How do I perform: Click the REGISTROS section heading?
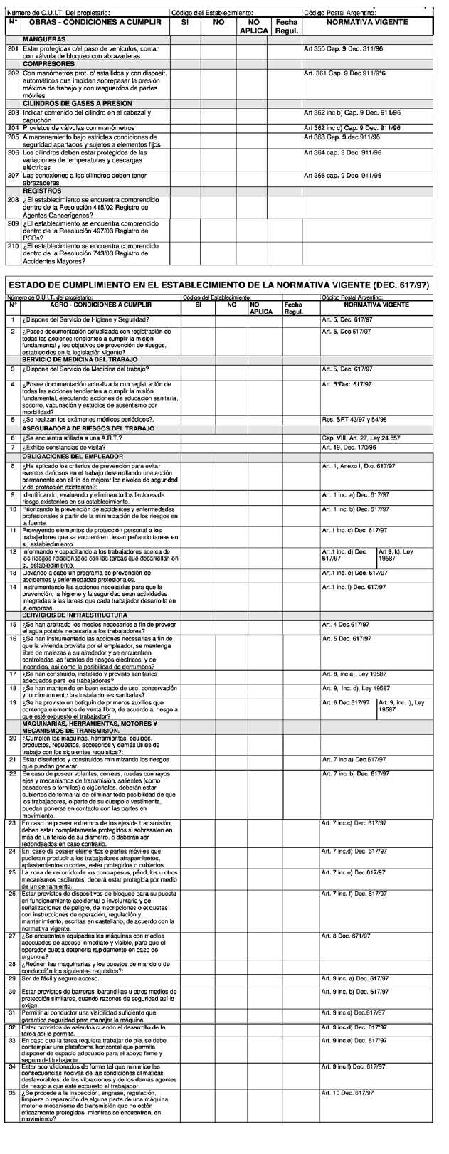[x=42, y=191]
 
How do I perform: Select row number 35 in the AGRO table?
[x=13, y=1113]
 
